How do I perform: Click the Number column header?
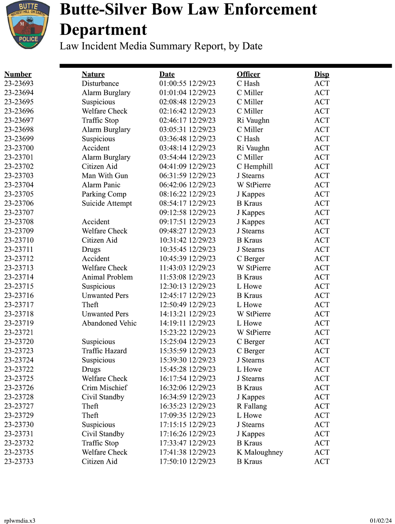(x=18, y=74)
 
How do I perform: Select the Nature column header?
(x=93, y=74)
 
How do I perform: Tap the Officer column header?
(x=248, y=74)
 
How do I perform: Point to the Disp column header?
(x=321, y=74)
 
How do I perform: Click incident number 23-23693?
(x=19, y=84)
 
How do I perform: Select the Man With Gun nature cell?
(x=105, y=176)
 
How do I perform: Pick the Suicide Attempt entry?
(x=107, y=203)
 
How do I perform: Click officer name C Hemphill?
(x=255, y=167)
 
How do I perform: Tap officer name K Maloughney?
(x=260, y=452)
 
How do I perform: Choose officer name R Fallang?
(x=252, y=406)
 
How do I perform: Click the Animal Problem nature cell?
(x=107, y=277)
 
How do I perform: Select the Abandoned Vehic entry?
(x=109, y=323)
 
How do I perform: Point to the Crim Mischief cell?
(x=104, y=388)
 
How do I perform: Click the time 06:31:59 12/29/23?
(x=188, y=176)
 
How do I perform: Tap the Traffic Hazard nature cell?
(x=104, y=351)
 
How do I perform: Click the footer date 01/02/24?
(x=381, y=521)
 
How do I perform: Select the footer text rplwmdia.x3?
(x=20, y=521)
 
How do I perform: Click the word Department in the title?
(x=104, y=30)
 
